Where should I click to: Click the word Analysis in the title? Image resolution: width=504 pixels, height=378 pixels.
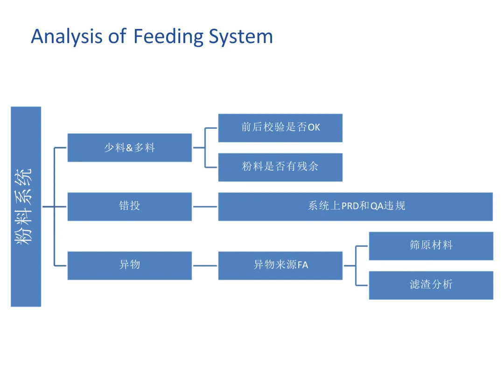[x=67, y=37]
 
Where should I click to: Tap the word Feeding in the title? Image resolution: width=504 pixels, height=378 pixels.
[x=168, y=36]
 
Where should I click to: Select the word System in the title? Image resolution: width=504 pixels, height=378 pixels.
[x=241, y=37]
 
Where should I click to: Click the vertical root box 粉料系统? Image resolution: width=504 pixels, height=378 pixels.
[x=26, y=207]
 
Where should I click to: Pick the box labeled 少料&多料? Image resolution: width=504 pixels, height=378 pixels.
[x=130, y=147]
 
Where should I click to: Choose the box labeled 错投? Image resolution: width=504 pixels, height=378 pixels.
[x=130, y=207]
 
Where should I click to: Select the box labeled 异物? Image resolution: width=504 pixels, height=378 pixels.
[x=130, y=266]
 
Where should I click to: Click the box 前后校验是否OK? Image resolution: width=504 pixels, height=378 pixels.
[x=280, y=128]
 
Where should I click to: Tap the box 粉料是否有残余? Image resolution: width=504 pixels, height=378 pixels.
[x=280, y=167]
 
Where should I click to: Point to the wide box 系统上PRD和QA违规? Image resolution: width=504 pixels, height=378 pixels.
[x=356, y=207]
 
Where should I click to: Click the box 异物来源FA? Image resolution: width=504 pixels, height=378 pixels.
[x=280, y=266]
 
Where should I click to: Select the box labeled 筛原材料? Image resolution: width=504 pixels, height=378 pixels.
[x=431, y=246]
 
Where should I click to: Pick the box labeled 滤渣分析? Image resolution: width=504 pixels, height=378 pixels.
[x=431, y=286]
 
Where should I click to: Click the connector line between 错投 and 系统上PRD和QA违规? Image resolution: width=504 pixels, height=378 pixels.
[x=205, y=207]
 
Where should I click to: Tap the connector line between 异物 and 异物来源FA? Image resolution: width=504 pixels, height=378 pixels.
[x=205, y=266]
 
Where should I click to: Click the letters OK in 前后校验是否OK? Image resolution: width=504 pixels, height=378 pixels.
[x=314, y=127]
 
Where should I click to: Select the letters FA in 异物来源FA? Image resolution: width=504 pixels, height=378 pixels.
[x=303, y=265]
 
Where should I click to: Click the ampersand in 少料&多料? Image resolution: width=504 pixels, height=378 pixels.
[x=129, y=148]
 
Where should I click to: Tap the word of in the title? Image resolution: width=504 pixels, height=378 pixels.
[x=117, y=36]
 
